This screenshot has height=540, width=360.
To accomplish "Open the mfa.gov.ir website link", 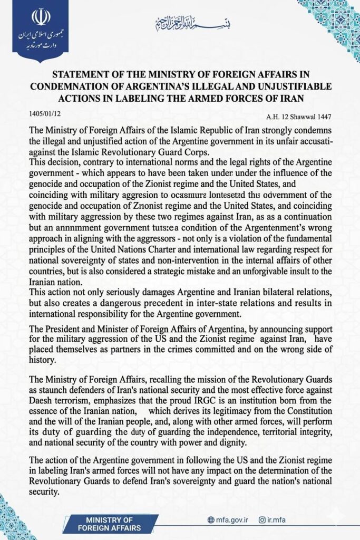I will pos(230,520).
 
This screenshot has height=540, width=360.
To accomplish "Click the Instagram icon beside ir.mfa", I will pos(262,520).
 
